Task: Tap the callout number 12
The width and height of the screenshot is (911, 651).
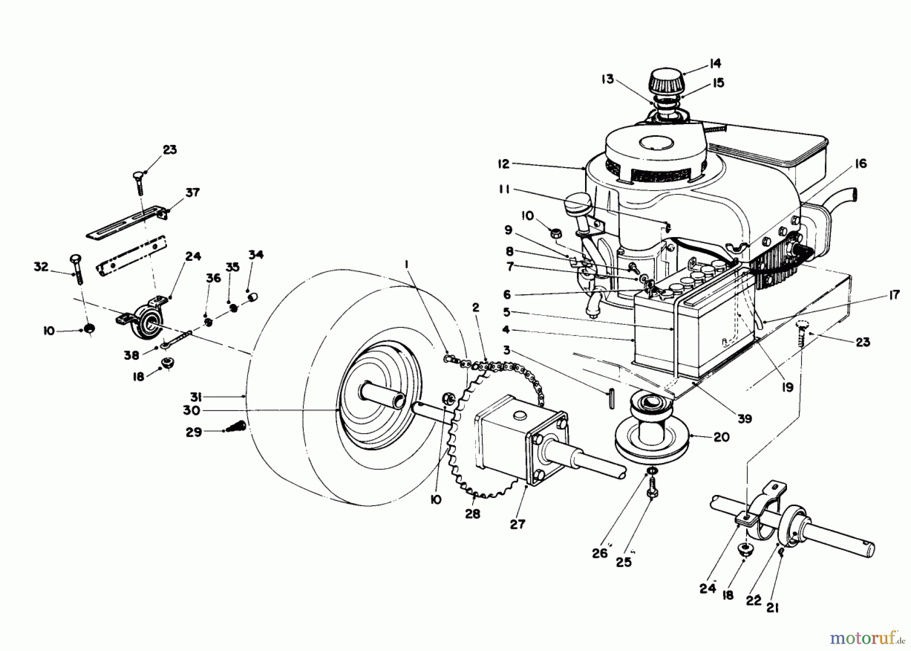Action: (x=504, y=164)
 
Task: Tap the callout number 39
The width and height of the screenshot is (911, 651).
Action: (x=744, y=418)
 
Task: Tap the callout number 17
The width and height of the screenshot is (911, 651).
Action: (x=894, y=294)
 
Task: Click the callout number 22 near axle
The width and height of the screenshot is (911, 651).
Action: (x=754, y=600)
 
